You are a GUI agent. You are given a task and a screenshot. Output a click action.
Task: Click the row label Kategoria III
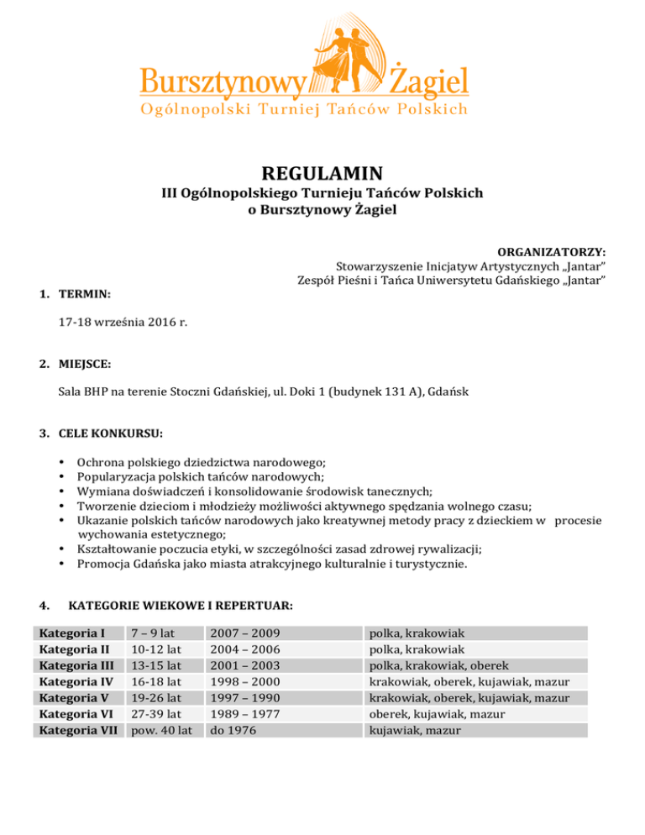click(x=74, y=665)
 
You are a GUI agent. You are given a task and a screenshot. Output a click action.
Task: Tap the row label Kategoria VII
click(x=74, y=731)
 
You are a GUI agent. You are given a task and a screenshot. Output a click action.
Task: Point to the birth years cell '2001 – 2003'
click(x=244, y=665)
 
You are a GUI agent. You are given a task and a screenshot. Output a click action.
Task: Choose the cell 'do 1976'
click(x=231, y=731)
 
